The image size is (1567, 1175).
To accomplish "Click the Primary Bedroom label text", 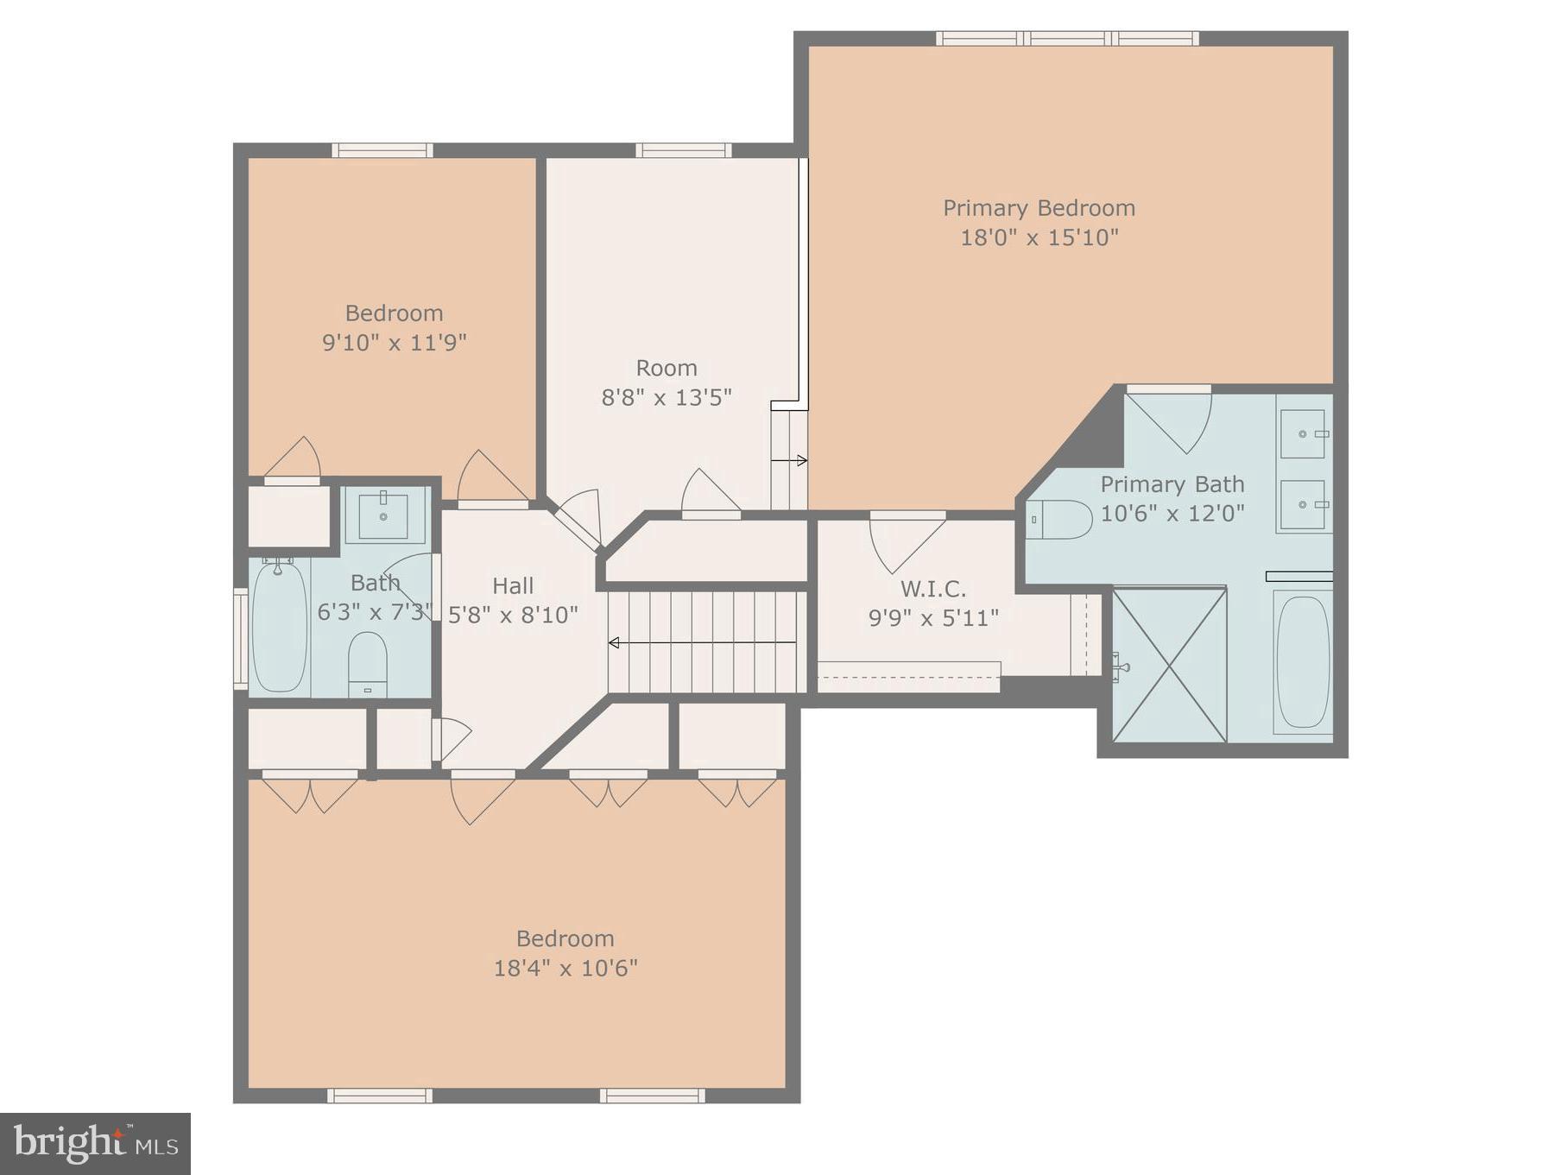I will (x=1039, y=208).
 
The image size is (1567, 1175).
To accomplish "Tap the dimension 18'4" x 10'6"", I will (x=566, y=968).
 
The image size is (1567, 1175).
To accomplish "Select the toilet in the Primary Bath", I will (x=1060, y=520).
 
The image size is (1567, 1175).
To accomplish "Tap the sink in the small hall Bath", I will (x=382, y=515).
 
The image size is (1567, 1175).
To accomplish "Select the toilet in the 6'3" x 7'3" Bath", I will (x=368, y=663).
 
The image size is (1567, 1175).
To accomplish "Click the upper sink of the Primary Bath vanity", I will (x=1303, y=434).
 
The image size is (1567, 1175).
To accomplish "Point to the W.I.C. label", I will (x=933, y=589).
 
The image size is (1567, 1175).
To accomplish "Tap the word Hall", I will (x=513, y=585).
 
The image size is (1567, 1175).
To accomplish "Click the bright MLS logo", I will (x=95, y=1143).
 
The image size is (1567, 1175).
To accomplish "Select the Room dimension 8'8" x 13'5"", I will (x=667, y=397).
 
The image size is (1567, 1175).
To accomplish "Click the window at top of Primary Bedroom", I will (x=1067, y=38).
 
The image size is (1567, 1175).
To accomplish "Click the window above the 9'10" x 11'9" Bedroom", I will (x=382, y=150).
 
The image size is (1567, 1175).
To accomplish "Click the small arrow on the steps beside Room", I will (x=789, y=460).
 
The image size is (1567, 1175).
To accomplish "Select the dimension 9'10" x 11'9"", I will (x=394, y=343).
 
